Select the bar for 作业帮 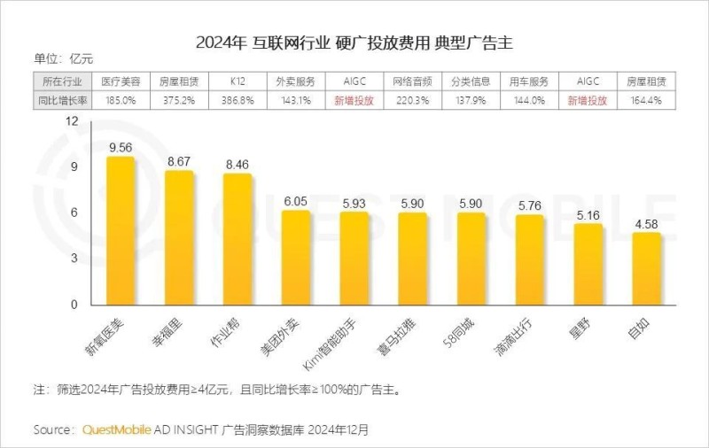[237, 239]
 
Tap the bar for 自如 [646, 269]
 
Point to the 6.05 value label [295, 202]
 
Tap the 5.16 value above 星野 [588, 215]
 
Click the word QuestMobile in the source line [114, 429]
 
